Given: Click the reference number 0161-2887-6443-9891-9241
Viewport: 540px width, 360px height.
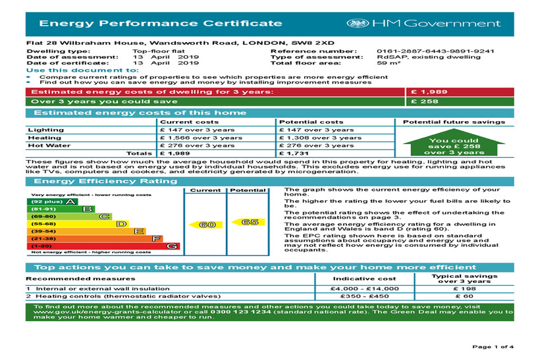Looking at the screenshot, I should point(435,51).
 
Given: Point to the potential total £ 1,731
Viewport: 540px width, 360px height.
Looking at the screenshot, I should point(294,153).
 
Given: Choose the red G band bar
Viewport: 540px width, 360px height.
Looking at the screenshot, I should point(102,246).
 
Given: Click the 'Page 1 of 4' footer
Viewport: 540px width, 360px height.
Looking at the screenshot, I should point(494,347).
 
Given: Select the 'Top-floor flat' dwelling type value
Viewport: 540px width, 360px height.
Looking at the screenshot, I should point(156,51).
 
